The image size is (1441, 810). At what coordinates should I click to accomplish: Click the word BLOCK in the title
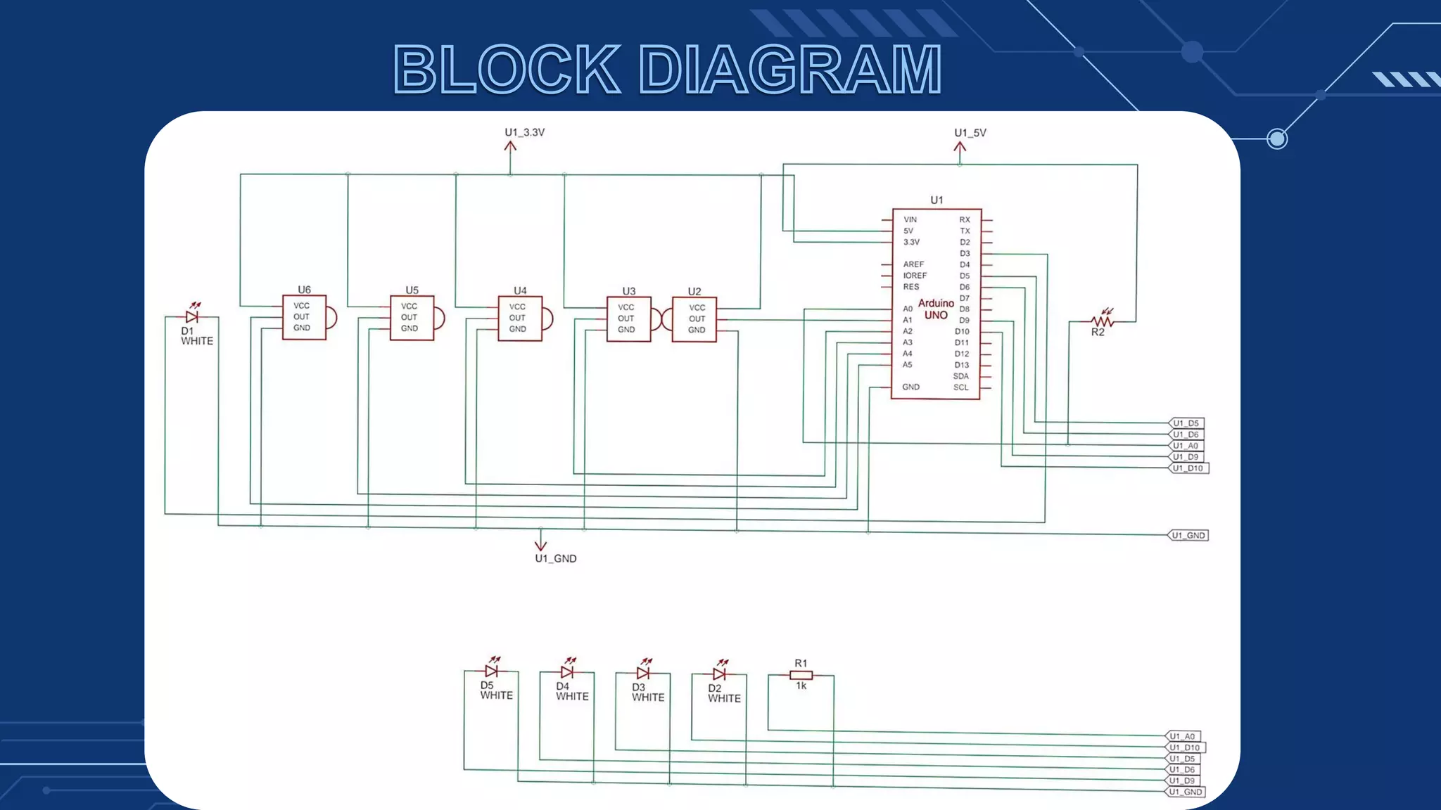point(507,70)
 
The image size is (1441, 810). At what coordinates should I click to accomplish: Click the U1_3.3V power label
point(524,132)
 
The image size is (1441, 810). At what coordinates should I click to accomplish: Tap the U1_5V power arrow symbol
point(960,150)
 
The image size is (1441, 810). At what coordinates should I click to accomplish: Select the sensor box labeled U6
point(304,317)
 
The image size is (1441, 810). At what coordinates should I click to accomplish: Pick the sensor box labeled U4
point(520,319)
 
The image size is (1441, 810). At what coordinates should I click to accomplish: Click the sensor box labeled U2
point(694,319)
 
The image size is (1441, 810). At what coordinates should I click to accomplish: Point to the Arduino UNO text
point(936,309)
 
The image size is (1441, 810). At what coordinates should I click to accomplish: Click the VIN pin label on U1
point(910,219)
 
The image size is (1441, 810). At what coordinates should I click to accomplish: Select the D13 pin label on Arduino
point(961,365)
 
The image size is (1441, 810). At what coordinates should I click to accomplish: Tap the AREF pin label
point(913,264)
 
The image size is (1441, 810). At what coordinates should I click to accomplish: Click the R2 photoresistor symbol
point(1102,321)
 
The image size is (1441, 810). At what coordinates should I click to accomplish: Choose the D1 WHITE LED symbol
point(192,316)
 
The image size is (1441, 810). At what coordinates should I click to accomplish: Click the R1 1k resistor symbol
point(801,675)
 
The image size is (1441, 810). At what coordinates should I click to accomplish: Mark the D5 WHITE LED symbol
point(492,671)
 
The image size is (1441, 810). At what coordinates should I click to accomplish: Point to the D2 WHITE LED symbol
point(719,674)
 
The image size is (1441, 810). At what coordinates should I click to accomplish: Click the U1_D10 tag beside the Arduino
point(1188,468)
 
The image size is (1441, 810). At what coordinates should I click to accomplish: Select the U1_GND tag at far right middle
point(1188,536)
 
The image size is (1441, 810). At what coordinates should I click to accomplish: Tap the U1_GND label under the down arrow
point(555,558)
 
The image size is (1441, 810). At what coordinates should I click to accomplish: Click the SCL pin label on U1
point(960,387)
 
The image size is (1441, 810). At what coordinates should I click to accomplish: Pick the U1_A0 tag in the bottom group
point(1183,736)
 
